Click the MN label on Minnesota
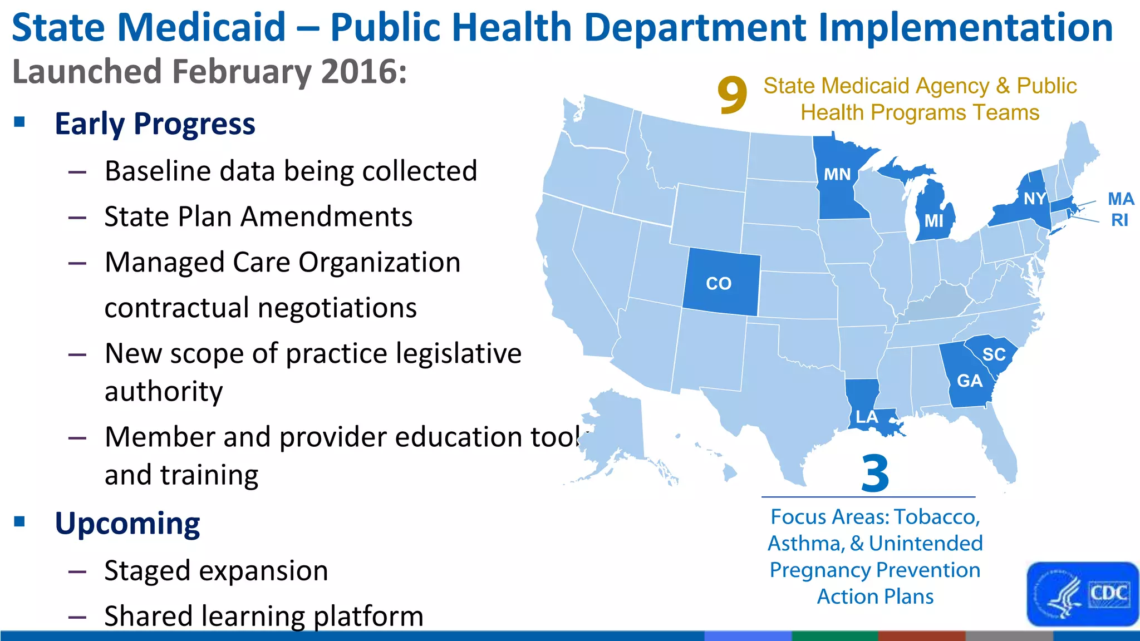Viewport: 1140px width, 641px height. (x=837, y=175)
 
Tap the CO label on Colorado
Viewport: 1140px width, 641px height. (x=719, y=284)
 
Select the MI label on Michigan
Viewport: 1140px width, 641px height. (x=933, y=221)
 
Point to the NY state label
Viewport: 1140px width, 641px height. (x=1035, y=199)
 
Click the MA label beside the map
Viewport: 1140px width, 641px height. (x=1121, y=199)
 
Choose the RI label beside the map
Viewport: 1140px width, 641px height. (x=1119, y=220)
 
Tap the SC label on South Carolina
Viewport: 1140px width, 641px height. (x=994, y=354)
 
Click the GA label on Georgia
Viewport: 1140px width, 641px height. (x=970, y=381)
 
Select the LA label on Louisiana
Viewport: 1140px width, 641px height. (x=867, y=417)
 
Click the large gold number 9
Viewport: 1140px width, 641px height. (x=732, y=96)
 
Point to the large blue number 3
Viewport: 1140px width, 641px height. (x=874, y=474)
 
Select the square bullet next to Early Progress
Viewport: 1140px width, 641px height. (x=20, y=122)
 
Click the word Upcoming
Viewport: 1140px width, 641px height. (x=127, y=524)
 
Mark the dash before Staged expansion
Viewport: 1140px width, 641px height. (x=77, y=571)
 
